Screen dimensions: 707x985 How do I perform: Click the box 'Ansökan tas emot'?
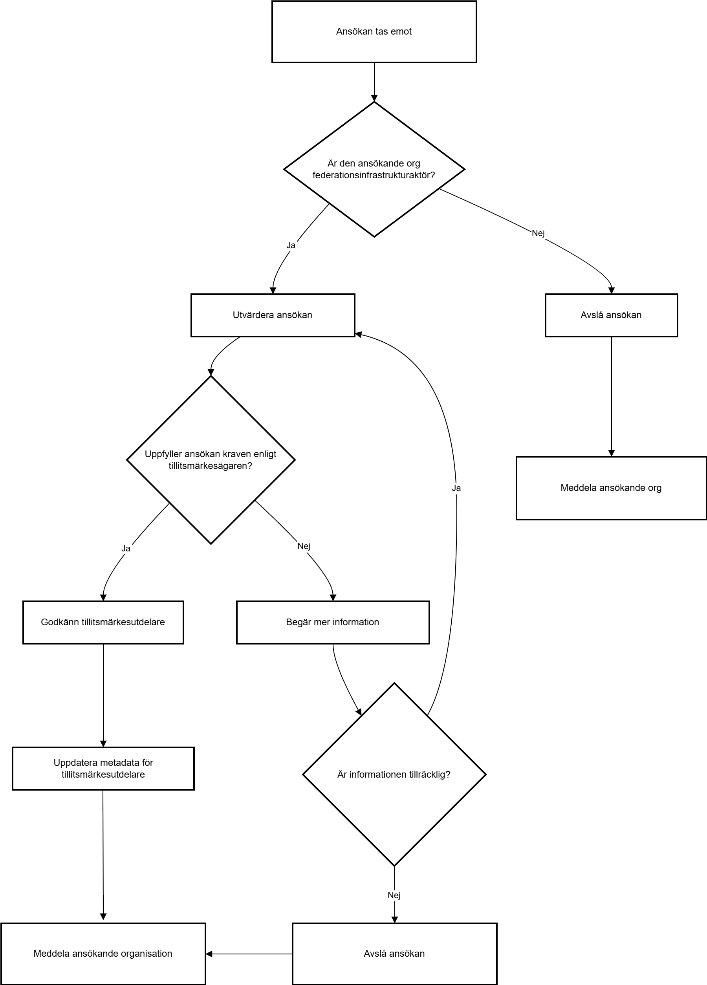[374, 32]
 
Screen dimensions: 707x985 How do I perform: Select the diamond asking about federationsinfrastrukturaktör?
[374, 169]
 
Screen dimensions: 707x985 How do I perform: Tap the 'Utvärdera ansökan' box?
[273, 315]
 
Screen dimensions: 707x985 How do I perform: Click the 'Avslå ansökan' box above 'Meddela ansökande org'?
[611, 315]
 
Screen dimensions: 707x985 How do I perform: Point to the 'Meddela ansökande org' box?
[611, 488]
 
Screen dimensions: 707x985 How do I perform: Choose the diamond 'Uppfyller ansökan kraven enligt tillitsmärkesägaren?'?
[211, 460]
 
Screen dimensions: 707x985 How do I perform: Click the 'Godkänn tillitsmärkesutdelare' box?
[103, 622]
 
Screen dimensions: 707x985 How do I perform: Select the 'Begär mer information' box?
[333, 622]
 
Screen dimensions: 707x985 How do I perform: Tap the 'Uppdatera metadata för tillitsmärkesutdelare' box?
[103, 769]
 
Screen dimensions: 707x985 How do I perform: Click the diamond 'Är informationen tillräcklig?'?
[394, 774]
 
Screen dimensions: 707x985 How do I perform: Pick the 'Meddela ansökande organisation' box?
[103, 954]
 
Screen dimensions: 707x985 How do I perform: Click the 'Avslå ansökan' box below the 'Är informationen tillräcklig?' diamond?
[394, 954]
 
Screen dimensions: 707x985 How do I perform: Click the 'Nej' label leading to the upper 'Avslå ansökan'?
[538, 233]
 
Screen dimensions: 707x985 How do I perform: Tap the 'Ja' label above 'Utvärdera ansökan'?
[291, 245]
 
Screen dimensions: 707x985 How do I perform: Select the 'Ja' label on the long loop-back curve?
[456, 488]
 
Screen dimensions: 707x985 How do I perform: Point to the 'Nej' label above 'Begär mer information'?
[304, 546]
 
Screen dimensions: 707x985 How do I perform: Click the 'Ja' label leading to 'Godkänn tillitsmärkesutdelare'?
[126, 549]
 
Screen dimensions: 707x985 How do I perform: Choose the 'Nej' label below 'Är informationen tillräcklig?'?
[394, 895]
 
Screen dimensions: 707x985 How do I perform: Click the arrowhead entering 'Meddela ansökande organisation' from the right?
[209, 954]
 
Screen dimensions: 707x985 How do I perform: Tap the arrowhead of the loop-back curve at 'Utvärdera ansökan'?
[359, 334]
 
